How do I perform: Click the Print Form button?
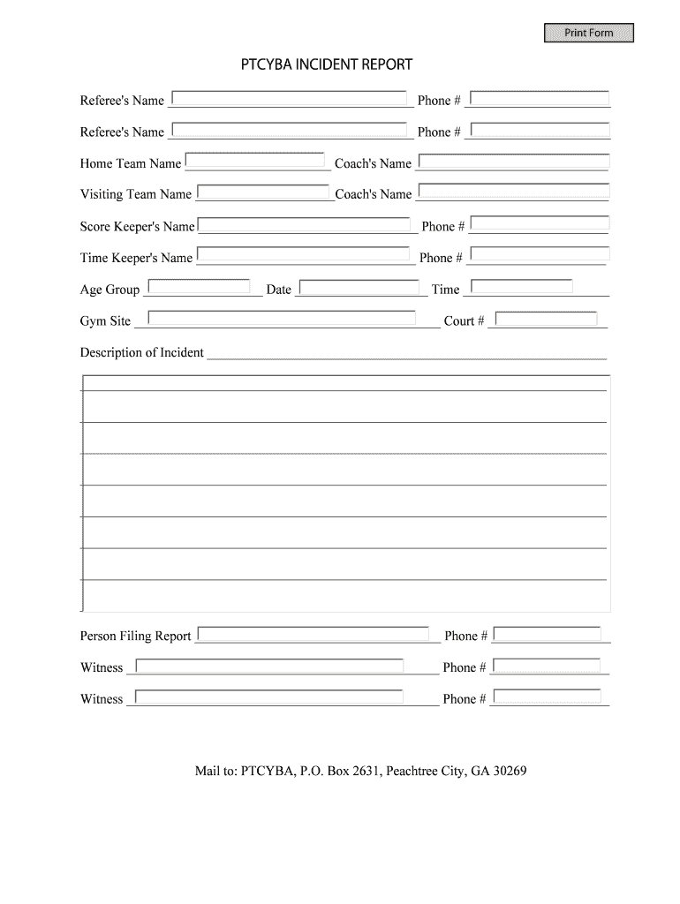coord(589,34)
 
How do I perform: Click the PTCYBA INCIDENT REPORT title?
coord(328,65)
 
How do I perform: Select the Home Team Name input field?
coord(254,161)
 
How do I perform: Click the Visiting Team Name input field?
coord(263,192)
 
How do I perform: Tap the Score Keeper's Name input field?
coord(306,224)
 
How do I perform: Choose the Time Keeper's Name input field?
coord(306,255)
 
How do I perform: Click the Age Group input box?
coord(199,286)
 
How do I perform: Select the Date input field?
coord(358,287)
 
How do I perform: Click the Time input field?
coord(521,286)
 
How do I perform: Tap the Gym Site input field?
coord(281,318)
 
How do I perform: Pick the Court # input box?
coord(546,319)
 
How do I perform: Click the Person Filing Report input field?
coord(314,634)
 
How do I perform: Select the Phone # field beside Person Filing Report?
coord(547,634)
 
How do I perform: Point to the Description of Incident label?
coord(142,353)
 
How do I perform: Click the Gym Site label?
coord(105,321)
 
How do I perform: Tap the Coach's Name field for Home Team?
coord(513,162)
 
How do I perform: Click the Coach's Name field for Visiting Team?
coord(513,191)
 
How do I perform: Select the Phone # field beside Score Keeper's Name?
coord(540,224)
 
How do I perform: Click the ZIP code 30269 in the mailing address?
coord(510,771)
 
